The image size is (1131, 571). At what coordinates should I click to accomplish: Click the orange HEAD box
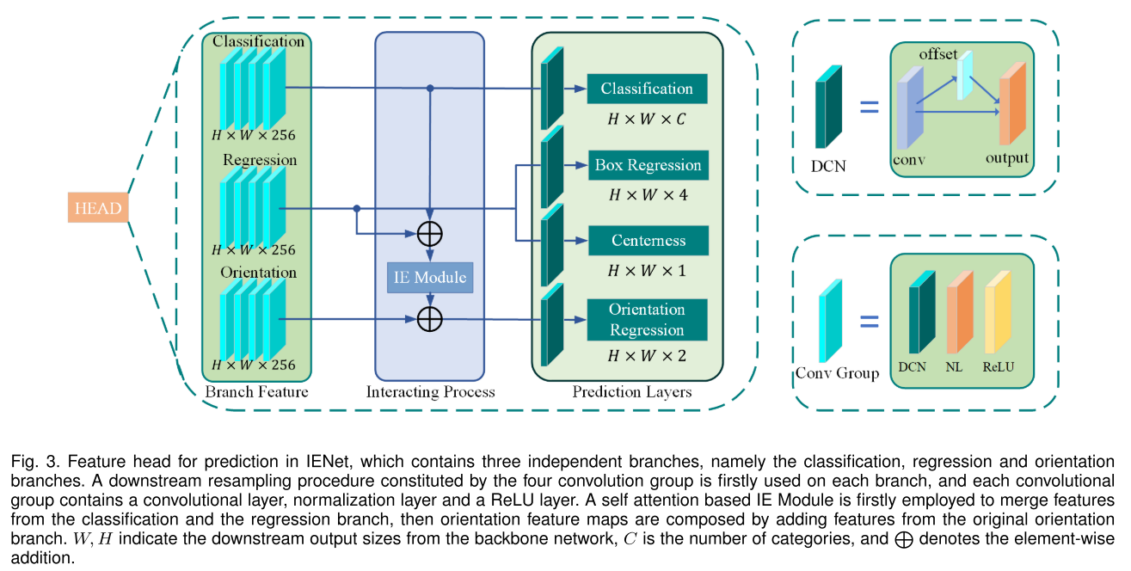point(98,208)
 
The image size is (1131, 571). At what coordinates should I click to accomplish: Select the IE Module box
point(429,277)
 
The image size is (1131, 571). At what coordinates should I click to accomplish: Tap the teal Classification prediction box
point(647,89)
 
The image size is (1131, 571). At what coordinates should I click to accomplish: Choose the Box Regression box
point(648,165)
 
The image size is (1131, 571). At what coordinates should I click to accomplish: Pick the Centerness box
point(648,241)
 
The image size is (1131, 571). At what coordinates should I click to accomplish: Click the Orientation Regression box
point(647,319)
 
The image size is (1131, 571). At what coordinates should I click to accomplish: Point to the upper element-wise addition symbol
point(429,232)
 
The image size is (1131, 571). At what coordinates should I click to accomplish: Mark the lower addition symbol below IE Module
point(429,319)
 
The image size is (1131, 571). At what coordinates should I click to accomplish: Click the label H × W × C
point(647,120)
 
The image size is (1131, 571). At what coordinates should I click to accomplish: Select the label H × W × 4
point(648,195)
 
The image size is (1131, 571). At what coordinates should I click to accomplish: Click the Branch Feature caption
point(256,392)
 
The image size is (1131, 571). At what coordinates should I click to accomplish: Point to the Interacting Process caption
point(430,392)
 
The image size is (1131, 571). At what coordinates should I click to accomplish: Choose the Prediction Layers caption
point(631,392)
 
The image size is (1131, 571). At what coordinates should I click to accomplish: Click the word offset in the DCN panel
point(937,54)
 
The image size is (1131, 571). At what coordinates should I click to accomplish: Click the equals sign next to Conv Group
point(870,323)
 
